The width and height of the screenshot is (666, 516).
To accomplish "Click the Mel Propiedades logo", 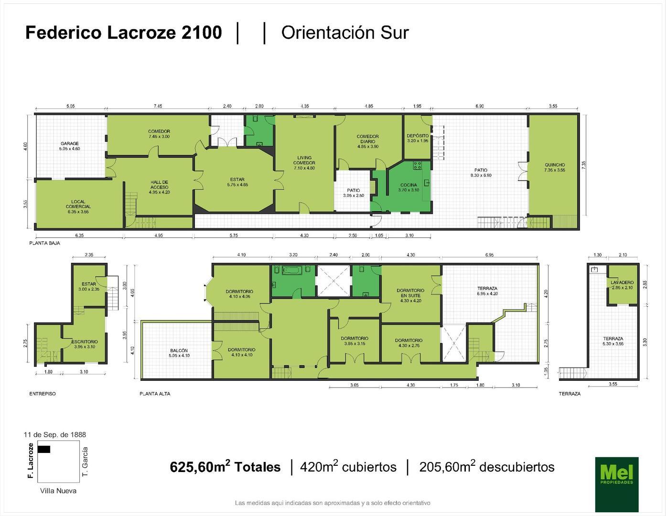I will tap(616, 484).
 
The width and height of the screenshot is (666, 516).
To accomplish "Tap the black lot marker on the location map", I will tap(43, 449).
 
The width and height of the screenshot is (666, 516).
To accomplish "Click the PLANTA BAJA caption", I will tap(44, 243).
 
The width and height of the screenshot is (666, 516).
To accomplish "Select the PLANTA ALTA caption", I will tap(155, 394).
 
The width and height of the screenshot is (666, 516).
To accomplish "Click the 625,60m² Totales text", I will tap(225, 467).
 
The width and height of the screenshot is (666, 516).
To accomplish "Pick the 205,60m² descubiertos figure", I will tap(486, 467).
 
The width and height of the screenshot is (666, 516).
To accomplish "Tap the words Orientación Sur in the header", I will tap(345, 32).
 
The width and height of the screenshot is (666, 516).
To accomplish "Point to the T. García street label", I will tap(85, 462).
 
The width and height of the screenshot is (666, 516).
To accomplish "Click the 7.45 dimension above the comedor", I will tap(158, 106).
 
